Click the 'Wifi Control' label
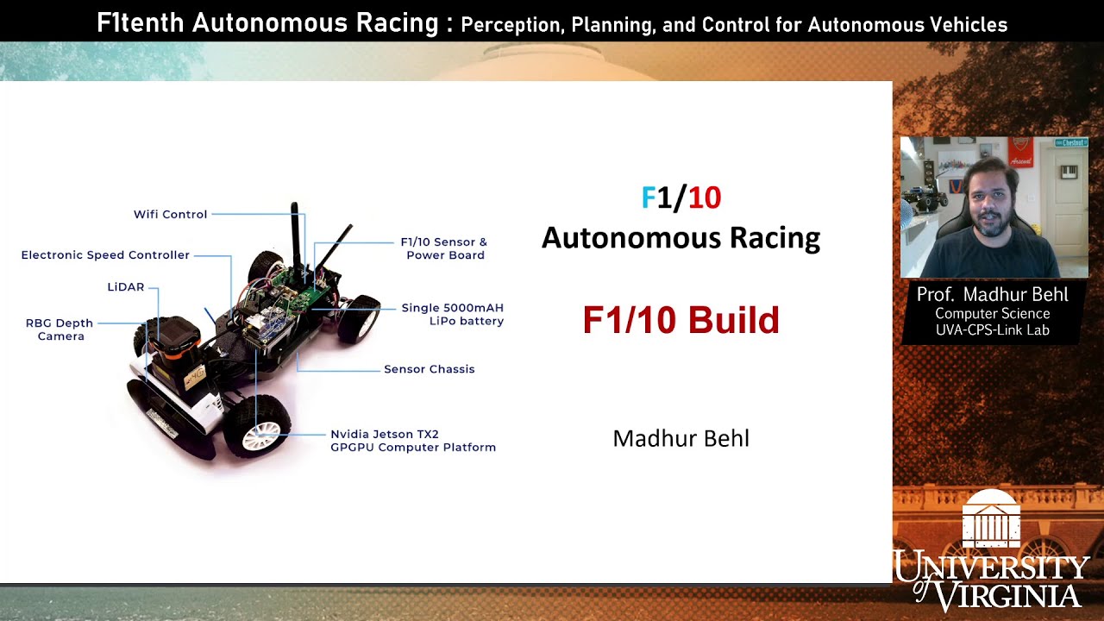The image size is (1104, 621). click(170, 214)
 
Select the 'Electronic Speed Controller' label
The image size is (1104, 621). click(105, 255)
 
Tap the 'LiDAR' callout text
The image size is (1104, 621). click(126, 287)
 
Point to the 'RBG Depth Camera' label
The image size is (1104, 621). click(60, 329)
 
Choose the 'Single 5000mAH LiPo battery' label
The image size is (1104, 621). click(453, 314)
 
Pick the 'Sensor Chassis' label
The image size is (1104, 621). click(429, 369)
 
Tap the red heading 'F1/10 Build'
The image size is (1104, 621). click(681, 320)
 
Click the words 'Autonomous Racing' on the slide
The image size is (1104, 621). click(681, 238)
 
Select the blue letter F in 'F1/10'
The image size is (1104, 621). click(649, 198)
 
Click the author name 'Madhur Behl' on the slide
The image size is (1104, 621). click(681, 438)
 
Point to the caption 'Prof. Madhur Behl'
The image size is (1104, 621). click(992, 295)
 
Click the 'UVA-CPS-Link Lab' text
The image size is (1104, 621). click(992, 329)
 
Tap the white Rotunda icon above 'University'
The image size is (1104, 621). click(991, 520)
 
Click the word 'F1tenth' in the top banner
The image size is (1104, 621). click(141, 23)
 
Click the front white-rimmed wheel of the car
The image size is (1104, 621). click(257, 427)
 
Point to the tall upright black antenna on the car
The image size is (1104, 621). click(295, 237)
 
